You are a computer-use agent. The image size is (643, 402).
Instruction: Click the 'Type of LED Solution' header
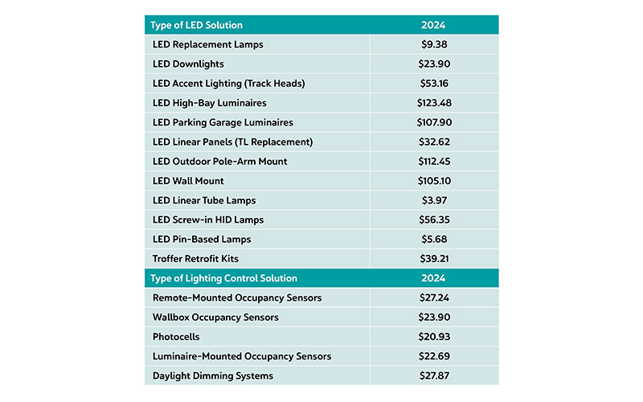click(198, 25)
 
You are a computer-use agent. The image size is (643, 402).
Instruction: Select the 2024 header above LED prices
click(433, 25)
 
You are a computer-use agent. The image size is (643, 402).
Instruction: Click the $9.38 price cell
click(433, 44)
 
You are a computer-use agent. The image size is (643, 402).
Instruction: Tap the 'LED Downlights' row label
click(188, 64)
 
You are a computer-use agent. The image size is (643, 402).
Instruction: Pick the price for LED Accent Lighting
click(433, 84)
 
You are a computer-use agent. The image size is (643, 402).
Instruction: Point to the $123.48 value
click(433, 103)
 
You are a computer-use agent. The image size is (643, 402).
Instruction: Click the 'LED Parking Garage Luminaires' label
click(223, 122)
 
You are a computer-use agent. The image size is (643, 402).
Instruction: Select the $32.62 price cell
click(433, 142)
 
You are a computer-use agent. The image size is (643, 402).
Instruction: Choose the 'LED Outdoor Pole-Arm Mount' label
click(219, 162)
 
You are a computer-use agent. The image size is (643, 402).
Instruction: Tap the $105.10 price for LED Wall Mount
click(433, 181)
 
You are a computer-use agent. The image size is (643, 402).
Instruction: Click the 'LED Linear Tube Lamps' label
click(204, 200)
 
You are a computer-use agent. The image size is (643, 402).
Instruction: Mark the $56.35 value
click(433, 219)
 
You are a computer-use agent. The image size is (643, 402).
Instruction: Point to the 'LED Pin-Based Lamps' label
click(202, 240)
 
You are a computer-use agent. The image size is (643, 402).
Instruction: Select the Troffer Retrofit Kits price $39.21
click(433, 259)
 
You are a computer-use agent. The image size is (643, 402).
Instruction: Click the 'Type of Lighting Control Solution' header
click(225, 278)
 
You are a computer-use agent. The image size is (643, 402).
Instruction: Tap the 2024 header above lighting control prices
click(433, 278)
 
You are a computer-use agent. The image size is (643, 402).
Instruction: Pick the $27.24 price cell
click(433, 297)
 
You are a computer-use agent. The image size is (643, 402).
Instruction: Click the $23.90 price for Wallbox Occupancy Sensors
click(433, 318)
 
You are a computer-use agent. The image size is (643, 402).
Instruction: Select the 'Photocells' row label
click(176, 337)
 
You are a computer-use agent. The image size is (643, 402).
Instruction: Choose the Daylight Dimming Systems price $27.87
click(433, 375)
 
